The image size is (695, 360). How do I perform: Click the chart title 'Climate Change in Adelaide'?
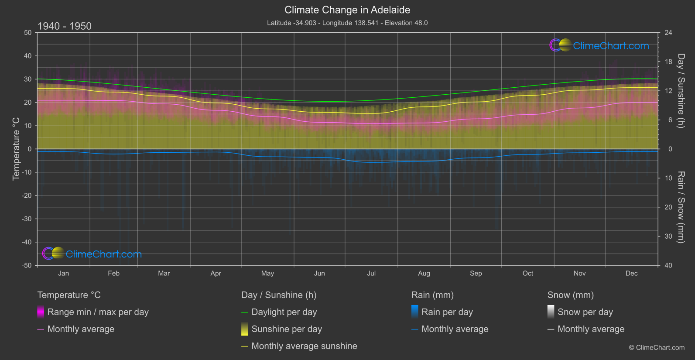(x=347, y=10)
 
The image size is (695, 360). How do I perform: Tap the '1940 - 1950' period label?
(x=65, y=26)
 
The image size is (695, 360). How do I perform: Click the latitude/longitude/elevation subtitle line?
(x=347, y=23)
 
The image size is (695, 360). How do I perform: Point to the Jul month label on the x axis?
(x=371, y=273)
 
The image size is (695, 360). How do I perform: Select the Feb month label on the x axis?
(x=113, y=273)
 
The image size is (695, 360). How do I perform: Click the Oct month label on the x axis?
(x=528, y=273)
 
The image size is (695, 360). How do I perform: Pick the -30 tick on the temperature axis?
(x=27, y=219)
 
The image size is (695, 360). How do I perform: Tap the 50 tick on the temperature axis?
(x=28, y=33)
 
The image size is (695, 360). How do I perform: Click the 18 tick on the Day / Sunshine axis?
(x=668, y=62)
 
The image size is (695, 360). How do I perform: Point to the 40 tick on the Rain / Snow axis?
(x=668, y=265)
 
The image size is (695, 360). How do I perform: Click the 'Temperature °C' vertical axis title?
(x=16, y=148)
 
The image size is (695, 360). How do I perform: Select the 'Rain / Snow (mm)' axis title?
(x=681, y=207)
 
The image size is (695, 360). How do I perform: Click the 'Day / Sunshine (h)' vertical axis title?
(x=681, y=91)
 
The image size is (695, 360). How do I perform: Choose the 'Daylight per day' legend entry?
(x=284, y=312)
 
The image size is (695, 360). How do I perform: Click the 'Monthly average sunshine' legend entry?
(x=304, y=346)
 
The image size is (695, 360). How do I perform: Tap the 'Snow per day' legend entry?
(x=585, y=312)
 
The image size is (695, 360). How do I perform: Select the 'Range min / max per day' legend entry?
(x=98, y=312)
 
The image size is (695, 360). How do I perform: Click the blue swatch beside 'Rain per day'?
(x=415, y=312)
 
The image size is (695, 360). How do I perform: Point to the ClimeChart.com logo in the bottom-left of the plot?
(x=92, y=254)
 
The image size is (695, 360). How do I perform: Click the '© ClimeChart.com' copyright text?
(x=657, y=347)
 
